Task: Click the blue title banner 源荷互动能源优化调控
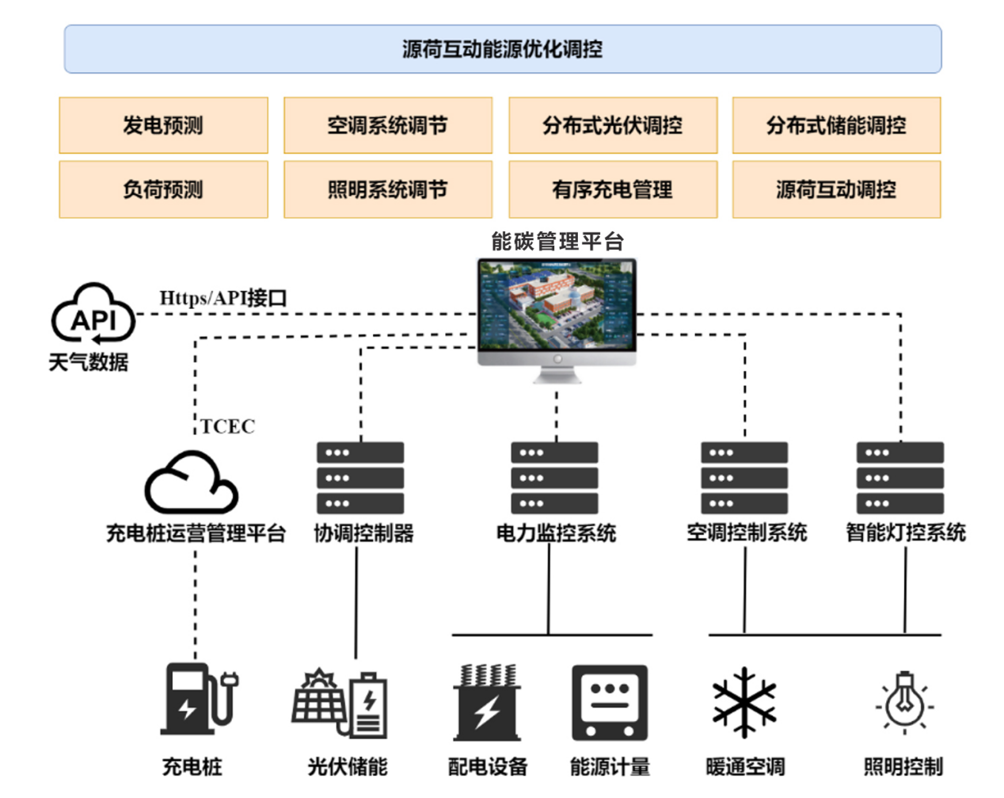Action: (x=502, y=49)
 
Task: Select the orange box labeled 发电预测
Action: (x=163, y=125)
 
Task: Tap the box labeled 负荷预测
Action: (x=163, y=189)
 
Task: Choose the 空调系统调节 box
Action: (x=388, y=125)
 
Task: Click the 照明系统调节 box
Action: (x=388, y=189)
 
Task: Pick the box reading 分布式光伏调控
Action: (x=613, y=125)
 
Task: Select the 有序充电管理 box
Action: (x=613, y=189)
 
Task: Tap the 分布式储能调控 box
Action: (x=836, y=125)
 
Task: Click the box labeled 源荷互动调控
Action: (x=836, y=189)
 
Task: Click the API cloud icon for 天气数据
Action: (x=93, y=315)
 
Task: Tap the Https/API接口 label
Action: (x=223, y=298)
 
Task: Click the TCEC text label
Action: (x=227, y=426)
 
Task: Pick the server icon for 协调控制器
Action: (x=360, y=478)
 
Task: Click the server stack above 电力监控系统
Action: (x=554, y=478)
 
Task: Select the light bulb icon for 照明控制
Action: (x=904, y=701)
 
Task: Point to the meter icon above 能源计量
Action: (x=610, y=702)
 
